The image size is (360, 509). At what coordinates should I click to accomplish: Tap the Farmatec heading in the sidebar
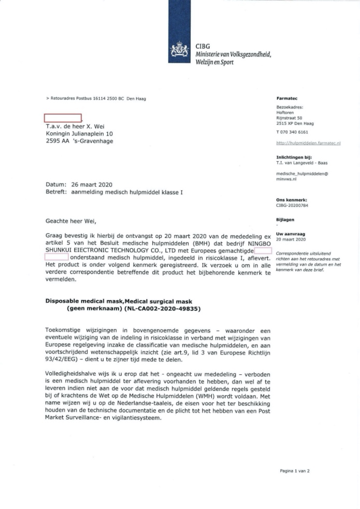click(287, 98)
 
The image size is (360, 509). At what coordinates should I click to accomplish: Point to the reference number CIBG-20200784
click(292, 205)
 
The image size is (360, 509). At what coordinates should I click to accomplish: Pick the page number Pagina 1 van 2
click(294, 471)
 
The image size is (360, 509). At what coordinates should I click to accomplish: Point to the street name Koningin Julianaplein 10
click(79, 133)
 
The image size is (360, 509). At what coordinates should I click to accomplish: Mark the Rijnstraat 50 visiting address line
click(289, 118)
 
